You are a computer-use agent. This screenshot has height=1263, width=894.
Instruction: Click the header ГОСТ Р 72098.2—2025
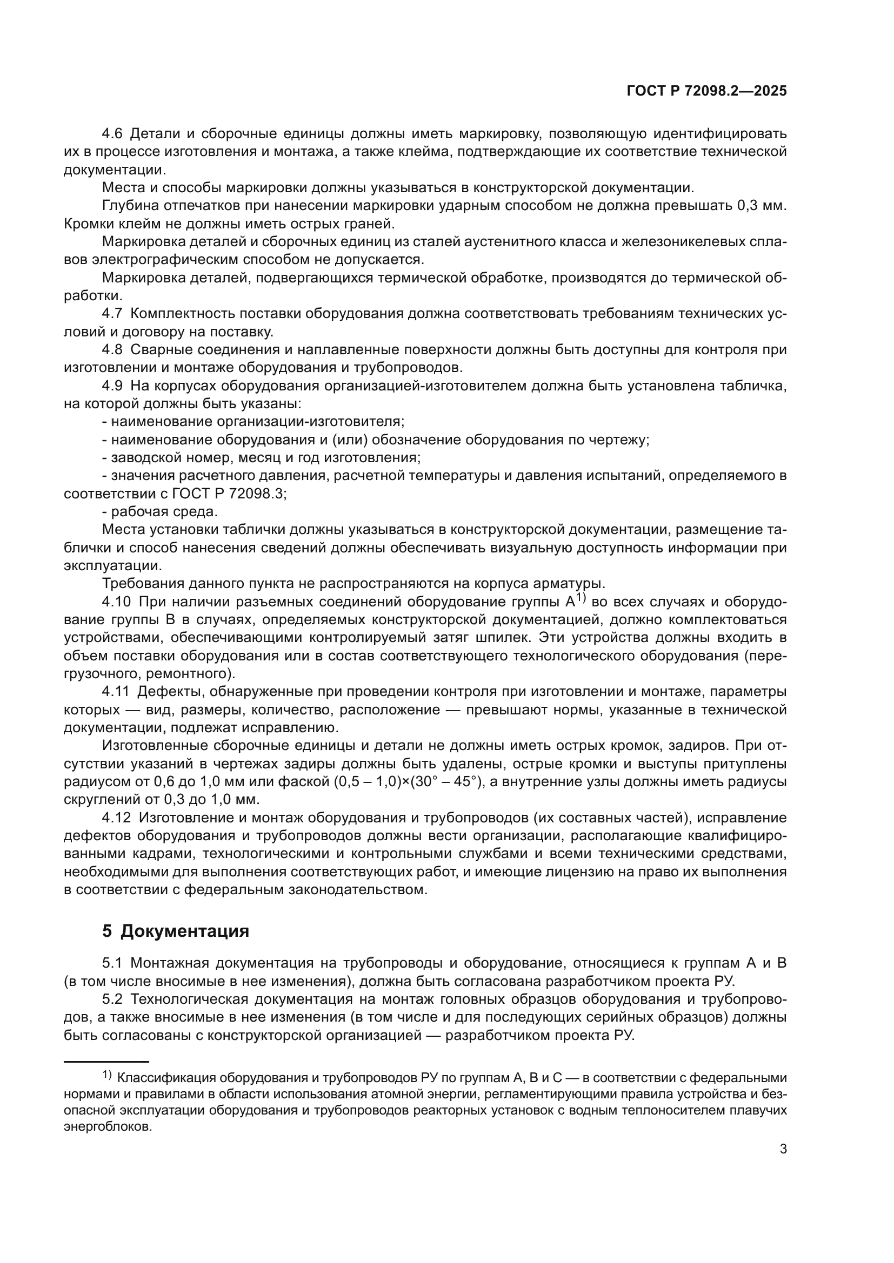point(706,91)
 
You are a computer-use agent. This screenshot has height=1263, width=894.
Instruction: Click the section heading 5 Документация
point(176,931)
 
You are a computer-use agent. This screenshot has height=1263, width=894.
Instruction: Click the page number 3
point(783,1149)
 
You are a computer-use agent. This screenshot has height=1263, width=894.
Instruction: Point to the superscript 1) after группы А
point(582,598)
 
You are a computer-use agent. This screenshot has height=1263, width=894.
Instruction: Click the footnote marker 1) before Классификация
point(107,1075)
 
